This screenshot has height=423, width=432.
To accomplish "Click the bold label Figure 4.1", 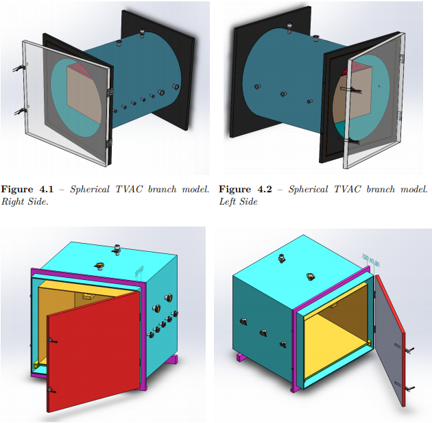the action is pyautogui.click(x=27, y=189).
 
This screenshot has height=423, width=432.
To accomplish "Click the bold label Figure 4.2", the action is pyautogui.click(x=245, y=189).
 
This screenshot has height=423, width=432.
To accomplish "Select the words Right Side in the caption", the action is pyautogui.click(x=25, y=202).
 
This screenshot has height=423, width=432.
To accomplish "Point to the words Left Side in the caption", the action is pyautogui.click(x=238, y=202).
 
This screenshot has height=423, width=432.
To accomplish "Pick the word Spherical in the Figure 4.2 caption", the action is pyautogui.click(x=308, y=189).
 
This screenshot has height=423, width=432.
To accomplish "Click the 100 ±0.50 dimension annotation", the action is pyautogui.click(x=370, y=261).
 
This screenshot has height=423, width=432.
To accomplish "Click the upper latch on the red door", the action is pyautogui.click(x=51, y=341).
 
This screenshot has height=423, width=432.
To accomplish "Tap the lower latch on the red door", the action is pyautogui.click(x=51, y=390).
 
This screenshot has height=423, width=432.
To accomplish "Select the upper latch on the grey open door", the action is pyautogui.click(x=409, y=350).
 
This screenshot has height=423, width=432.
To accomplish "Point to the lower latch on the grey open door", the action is pyautogui.click(x=409, y=389).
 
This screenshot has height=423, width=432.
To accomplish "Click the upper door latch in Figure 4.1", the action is pyautogui.click(x=20, y=68).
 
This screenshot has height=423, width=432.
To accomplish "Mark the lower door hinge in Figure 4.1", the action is pyautogui.click(x=110, y=142).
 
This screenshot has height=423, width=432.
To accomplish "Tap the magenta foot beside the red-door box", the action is pyautogui.click(x=173, y=359).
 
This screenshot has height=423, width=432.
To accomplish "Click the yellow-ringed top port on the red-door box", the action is pyautogui.click(x=99, y=266).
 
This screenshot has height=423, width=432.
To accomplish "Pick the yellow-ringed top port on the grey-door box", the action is pyautogui.click(x=311, y=277).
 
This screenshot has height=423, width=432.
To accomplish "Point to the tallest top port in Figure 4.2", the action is pyautogui.click(x=289, y=28).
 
